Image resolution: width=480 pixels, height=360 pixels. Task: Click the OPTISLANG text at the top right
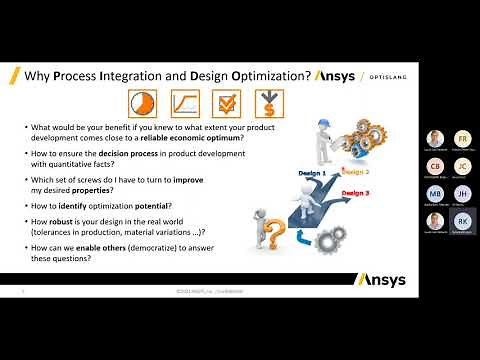coord(386,77)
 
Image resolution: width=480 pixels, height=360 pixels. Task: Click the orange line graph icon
coord(183,104)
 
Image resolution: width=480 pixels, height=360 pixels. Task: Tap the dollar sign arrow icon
coord(267,104)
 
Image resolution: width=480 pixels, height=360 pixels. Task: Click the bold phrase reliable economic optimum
coord(199,139)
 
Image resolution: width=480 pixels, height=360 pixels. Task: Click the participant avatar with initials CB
coord(434,166)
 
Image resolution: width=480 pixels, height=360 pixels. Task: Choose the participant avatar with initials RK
coord(462,219)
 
